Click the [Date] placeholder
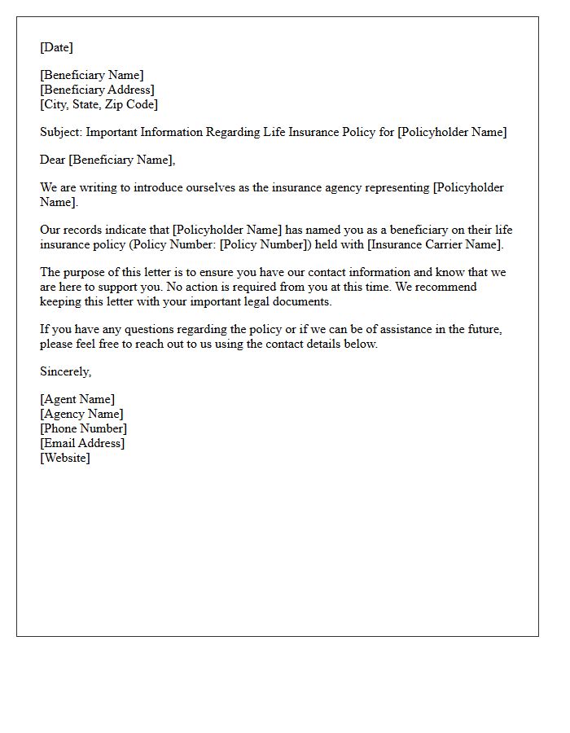56,47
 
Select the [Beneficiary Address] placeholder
97,90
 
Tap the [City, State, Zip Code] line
99,104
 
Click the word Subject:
61,132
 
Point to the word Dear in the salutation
53,160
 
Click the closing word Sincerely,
66,371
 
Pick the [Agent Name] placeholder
77,399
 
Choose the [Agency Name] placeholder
81,414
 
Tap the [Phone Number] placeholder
83,428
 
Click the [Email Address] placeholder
82,443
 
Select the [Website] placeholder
65,458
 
